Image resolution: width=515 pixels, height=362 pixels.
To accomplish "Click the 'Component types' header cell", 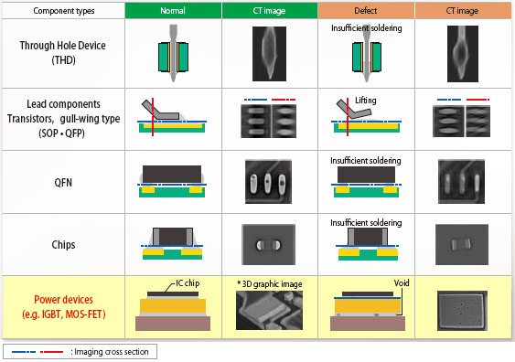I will (x=61, y=12).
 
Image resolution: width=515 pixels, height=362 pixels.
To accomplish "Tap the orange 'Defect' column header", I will (x=365, y=12).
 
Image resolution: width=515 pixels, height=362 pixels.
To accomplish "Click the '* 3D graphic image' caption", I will (x=268, y=283).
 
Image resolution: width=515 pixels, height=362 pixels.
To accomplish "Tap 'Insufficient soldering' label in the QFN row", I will (x=365, y=160).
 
